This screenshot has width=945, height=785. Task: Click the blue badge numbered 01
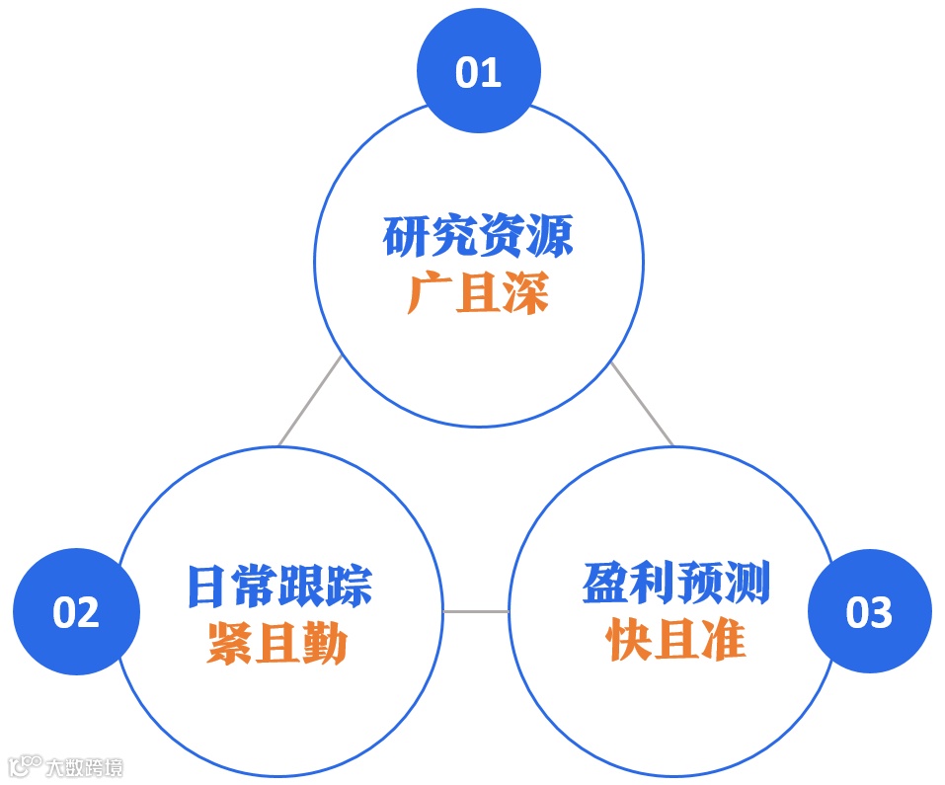point(479,72)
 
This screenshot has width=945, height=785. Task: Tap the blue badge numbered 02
point(76,612)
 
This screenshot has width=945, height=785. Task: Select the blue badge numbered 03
point(869,612)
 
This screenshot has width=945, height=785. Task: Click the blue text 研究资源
point(478,237)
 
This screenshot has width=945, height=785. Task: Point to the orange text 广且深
point(478,293)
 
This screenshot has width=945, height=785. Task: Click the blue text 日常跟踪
point(279,586)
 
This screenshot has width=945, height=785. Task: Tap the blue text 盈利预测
point(675,586)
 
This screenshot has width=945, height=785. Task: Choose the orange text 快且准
point(675,642)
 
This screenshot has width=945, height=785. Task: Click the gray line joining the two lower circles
point(476,612)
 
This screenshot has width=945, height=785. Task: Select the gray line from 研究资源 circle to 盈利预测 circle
point(642,404)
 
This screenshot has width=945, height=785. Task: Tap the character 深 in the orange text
point(524,293)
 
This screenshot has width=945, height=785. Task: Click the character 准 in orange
point(723,642)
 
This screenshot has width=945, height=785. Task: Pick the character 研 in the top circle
point(407,237)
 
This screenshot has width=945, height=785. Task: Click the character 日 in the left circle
point(206,586)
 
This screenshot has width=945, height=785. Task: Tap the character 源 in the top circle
point(549,237)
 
